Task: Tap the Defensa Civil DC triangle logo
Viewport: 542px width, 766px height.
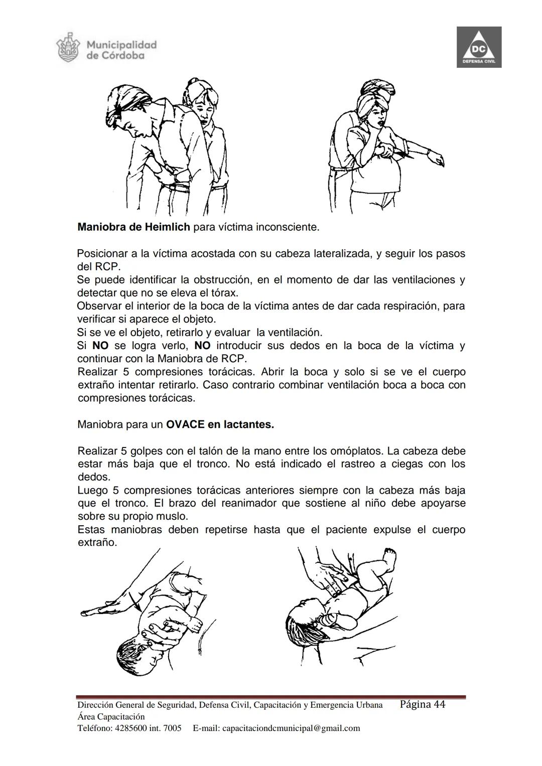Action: click(x=479, y=48)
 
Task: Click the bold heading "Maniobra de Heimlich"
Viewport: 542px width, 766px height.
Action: click(x=133, y=227)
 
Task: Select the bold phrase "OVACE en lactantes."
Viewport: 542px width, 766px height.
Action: click(x=220, y=424)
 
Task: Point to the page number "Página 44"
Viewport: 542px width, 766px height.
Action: click(x=423, y=704)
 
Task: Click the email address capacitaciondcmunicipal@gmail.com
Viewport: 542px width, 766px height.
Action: click(x=291, y=728)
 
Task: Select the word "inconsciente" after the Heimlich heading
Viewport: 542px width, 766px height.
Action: click(x=287, y=227)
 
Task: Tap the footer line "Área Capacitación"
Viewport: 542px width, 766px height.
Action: click(x=111, y=716)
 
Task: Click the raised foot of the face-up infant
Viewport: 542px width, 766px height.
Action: click(x=389, y=556)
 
